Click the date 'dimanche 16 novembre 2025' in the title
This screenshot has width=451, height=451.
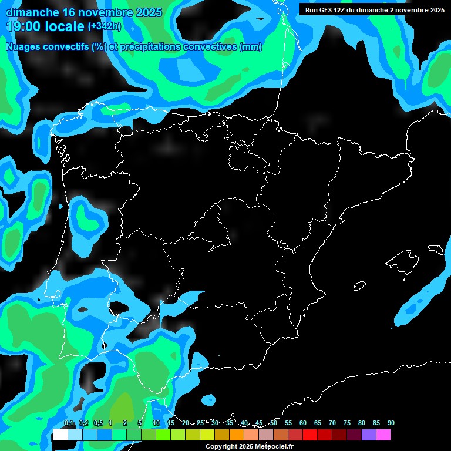(84, 12)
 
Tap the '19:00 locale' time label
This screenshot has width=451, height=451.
(45, 26)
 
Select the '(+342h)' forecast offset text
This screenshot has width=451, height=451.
(104, 26)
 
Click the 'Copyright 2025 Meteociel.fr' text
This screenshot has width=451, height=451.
(249, 446)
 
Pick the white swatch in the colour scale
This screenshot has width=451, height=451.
(60, 435)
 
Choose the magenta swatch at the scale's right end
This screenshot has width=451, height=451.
(383, 435)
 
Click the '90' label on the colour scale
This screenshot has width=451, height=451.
(391, 423)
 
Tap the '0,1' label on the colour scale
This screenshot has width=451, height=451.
(69, 423)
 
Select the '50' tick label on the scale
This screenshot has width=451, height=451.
(274, 423)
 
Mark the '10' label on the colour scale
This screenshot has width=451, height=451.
(156, 423)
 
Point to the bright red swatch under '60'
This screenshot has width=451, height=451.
(310, 435)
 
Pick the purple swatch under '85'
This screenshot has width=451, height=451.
(369, 435)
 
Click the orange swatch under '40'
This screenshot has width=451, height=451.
(237, 435)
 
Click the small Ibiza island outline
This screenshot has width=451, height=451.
(359, 286)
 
